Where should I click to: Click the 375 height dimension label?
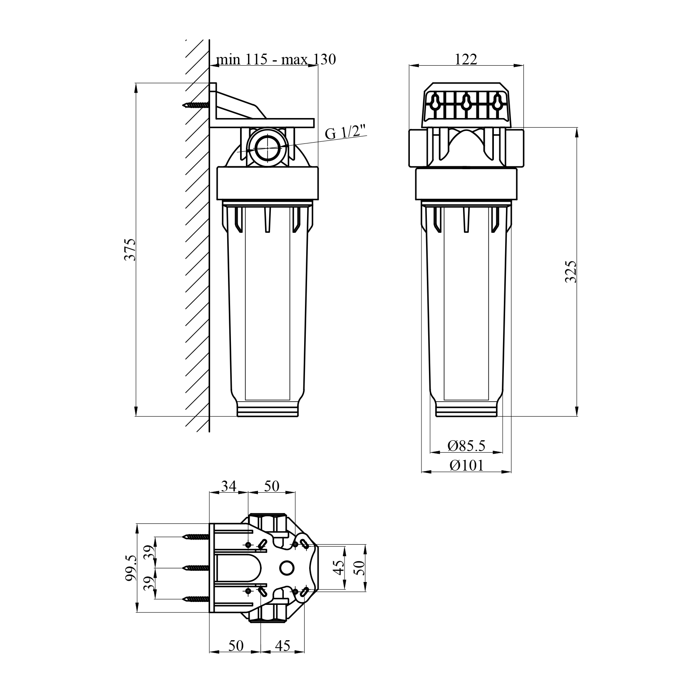coord(131,249)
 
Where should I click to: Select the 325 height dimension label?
coord(571,271)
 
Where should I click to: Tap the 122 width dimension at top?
coord(466,59)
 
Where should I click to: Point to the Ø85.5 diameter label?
coord(466,446)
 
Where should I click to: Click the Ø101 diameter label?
coord(466,465)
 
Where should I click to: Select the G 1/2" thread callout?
coord(345,133)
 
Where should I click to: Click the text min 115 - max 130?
coord(275,59)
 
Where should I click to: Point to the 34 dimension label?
coord(228,486)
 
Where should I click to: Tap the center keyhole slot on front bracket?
coord(466,101)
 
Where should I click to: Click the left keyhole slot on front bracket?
coord(435,101)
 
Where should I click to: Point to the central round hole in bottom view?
coord(287,567)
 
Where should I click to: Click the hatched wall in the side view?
coord(197,249)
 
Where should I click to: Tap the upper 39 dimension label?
coord(148,552)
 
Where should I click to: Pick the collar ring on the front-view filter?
coord(466,184)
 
